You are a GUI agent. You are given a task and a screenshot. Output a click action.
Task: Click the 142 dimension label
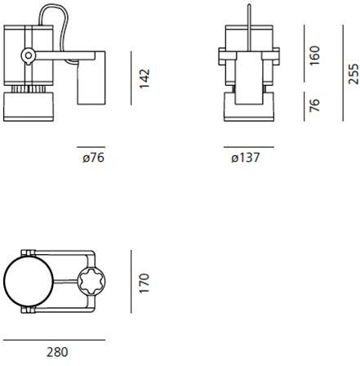[x=144, y=78]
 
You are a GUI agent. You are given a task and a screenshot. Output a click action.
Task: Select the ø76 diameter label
[x=93, y=158]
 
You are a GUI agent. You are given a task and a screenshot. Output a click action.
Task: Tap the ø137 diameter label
[x=246, y=158]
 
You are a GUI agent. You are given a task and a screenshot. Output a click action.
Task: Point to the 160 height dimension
[x=314, y=56]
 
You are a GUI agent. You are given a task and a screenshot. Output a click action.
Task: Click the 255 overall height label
[x=353, y=74]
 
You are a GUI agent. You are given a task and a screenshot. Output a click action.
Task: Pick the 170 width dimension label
[x=144, y=283]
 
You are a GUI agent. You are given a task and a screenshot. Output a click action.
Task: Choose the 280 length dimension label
[x=57, y=352]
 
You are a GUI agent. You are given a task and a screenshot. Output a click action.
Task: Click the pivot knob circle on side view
[x=28, y=56]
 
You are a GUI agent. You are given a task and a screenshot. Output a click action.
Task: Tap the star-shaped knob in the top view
[x=91, y=281]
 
